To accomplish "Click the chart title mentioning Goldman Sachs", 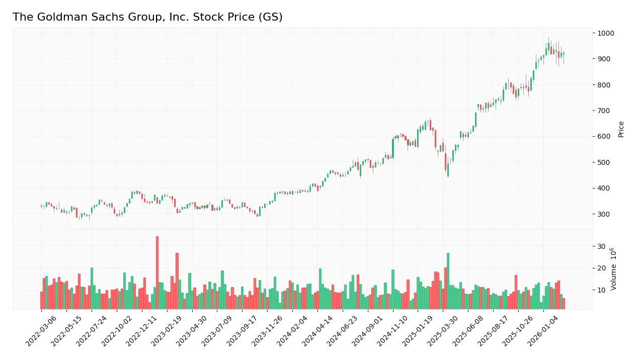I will point(147,17).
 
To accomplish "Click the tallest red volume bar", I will point(157,273).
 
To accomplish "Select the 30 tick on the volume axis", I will point(601,246).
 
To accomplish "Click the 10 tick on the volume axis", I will point(601,290).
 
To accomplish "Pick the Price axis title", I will point(621,129).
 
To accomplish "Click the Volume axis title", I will point(614,269).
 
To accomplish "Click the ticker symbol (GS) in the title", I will point(271,17).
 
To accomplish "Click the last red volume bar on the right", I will point(564,304).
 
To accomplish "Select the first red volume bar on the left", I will point(42,300).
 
